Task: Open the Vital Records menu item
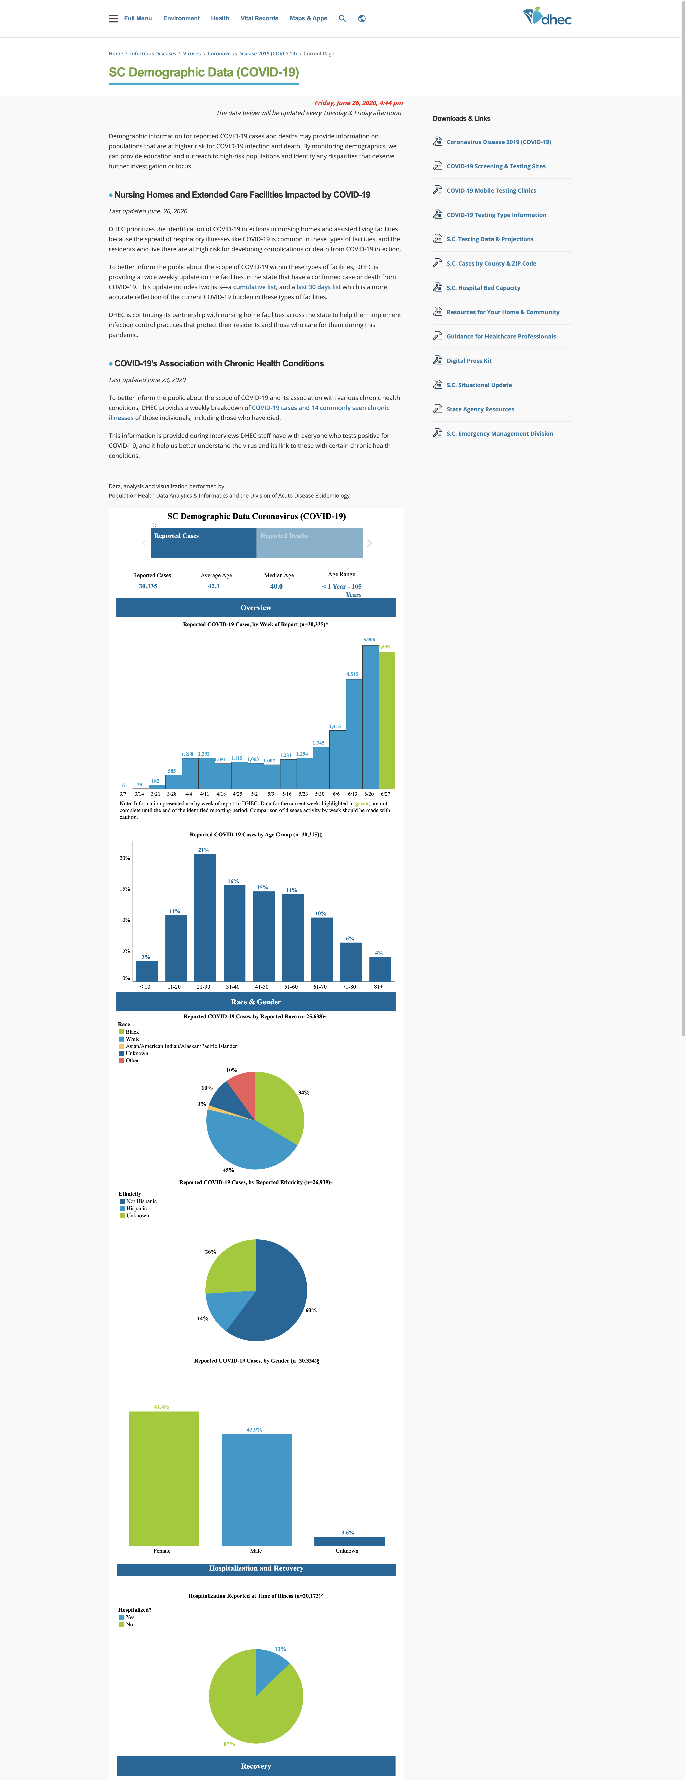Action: (259, 19)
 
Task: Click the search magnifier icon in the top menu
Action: (342, 19)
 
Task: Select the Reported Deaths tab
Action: (309, 543)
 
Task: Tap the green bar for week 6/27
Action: (387, 720)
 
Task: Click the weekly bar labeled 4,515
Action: (354, 734)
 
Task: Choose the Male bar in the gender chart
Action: (257, 1489)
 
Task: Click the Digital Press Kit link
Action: (469, 361)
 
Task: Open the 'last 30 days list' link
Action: (319, 287)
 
